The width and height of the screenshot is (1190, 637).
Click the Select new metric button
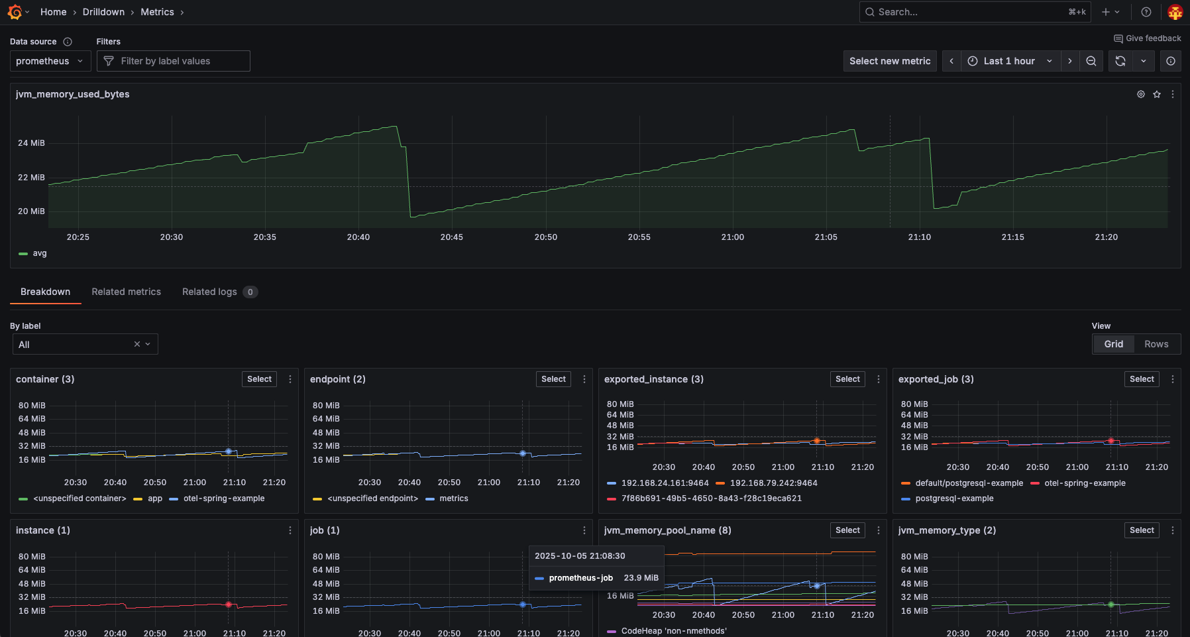tap(890, 61)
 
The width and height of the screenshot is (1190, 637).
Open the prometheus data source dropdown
tap(50, 61)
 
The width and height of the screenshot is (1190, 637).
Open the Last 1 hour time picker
tap(1009, 61)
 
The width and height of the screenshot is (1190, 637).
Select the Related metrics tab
tap(126, 292)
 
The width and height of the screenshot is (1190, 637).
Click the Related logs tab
tap(209, 292)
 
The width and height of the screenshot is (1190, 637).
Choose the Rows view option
tap(1156, 344)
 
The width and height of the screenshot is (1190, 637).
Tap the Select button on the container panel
tap(259, 379)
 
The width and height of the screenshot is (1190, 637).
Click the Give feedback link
tap(1148, 38)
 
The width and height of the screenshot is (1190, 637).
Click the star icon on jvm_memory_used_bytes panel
tap(1157, 94)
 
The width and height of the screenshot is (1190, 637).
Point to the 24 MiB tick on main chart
tap(31, 143)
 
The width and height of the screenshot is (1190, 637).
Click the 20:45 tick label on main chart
tap(452, 237)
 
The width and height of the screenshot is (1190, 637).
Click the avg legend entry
tap(40, 253)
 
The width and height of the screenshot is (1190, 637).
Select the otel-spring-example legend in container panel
tap(224, 498)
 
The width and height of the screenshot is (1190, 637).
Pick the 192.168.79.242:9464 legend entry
tap(773, 483)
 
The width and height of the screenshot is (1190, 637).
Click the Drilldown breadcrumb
tap(103, 12)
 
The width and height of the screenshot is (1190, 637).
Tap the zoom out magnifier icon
tap(1091, 61)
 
